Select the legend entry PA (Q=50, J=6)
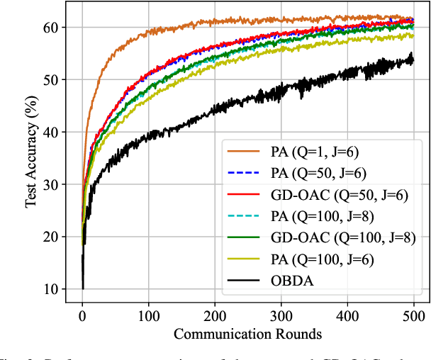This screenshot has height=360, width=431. click(x=316, y=171)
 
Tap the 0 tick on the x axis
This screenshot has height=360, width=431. click(x=82, y=314)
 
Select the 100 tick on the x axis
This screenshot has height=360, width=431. click(x=148, y=314)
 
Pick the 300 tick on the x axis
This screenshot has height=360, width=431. click(x=281, y=314)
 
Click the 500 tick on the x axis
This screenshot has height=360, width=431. click(x=413, y=314)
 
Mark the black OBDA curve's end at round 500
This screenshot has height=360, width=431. click(x=413, y=60)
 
